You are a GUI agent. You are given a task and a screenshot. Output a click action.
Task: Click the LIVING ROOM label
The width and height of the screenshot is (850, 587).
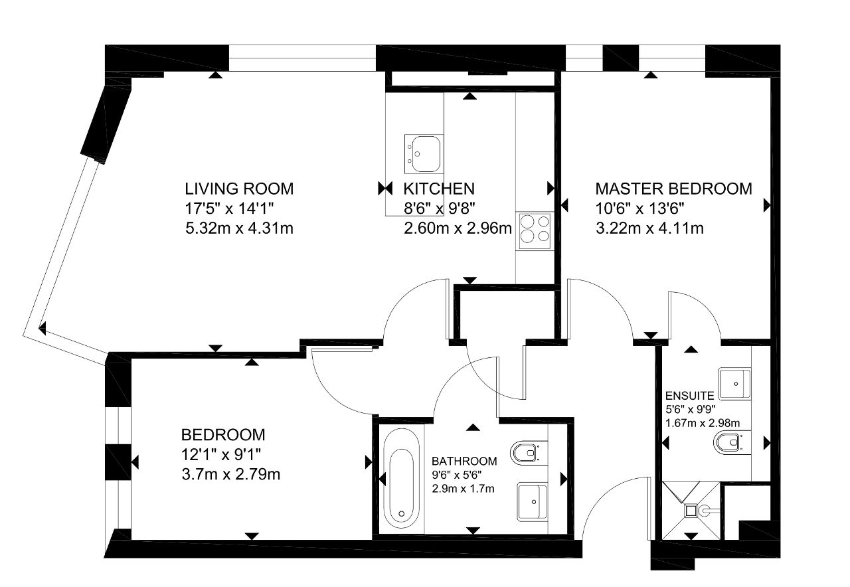pyautogui.click(x=239, y=189)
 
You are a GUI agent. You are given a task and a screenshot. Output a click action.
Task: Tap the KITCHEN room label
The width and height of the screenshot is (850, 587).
pyautogui.click(x=439, y=189)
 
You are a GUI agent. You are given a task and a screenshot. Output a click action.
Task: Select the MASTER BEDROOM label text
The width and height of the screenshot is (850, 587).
pyautogui.click(x=673, y=189)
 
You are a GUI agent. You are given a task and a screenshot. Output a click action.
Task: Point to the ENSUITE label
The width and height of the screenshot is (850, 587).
pyautogui.click(x=689, y=396)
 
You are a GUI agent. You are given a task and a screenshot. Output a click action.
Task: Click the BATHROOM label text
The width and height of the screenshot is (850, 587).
pyautogui.click(x=464, y=461)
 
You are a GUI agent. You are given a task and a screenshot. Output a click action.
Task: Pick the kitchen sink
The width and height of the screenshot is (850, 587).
pyautogui.click(x=424, y=153)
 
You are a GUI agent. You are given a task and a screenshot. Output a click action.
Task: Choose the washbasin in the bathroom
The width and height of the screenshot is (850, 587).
pyautogui.click(x=533, y=501)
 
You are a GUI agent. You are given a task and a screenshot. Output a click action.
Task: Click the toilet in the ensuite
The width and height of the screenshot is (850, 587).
pyautogui.click(x=732, y=442)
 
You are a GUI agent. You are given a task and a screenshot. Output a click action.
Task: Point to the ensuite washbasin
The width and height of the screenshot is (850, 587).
pyautogui.click(x=734, y=384)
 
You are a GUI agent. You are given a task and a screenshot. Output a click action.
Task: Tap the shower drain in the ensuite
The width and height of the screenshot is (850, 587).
pyautogui.click(x=691, y=511)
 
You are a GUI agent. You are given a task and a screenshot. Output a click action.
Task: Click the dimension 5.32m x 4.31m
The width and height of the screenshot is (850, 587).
pyautogui.click(x=239, y=228)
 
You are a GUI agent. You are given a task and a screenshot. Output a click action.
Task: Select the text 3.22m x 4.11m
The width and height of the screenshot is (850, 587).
pyautogui.click(x=649, y=228)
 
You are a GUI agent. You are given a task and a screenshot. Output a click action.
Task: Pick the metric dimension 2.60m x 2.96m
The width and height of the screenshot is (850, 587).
pyautogui.click(x=458, y=228)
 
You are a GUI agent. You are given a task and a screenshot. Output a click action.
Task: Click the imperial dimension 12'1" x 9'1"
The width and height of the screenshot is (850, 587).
pyautogui.click(x=221, y=454)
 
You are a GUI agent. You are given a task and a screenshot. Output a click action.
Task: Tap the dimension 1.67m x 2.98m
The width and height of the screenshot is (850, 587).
pyautogui.click(x=703, y=423)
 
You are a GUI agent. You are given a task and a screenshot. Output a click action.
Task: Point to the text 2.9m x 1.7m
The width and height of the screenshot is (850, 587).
pyautogui.click(x=463, y=488)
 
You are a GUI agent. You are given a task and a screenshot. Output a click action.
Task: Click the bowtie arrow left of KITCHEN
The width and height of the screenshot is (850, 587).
pyautogui.click(x=385, y=188)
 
